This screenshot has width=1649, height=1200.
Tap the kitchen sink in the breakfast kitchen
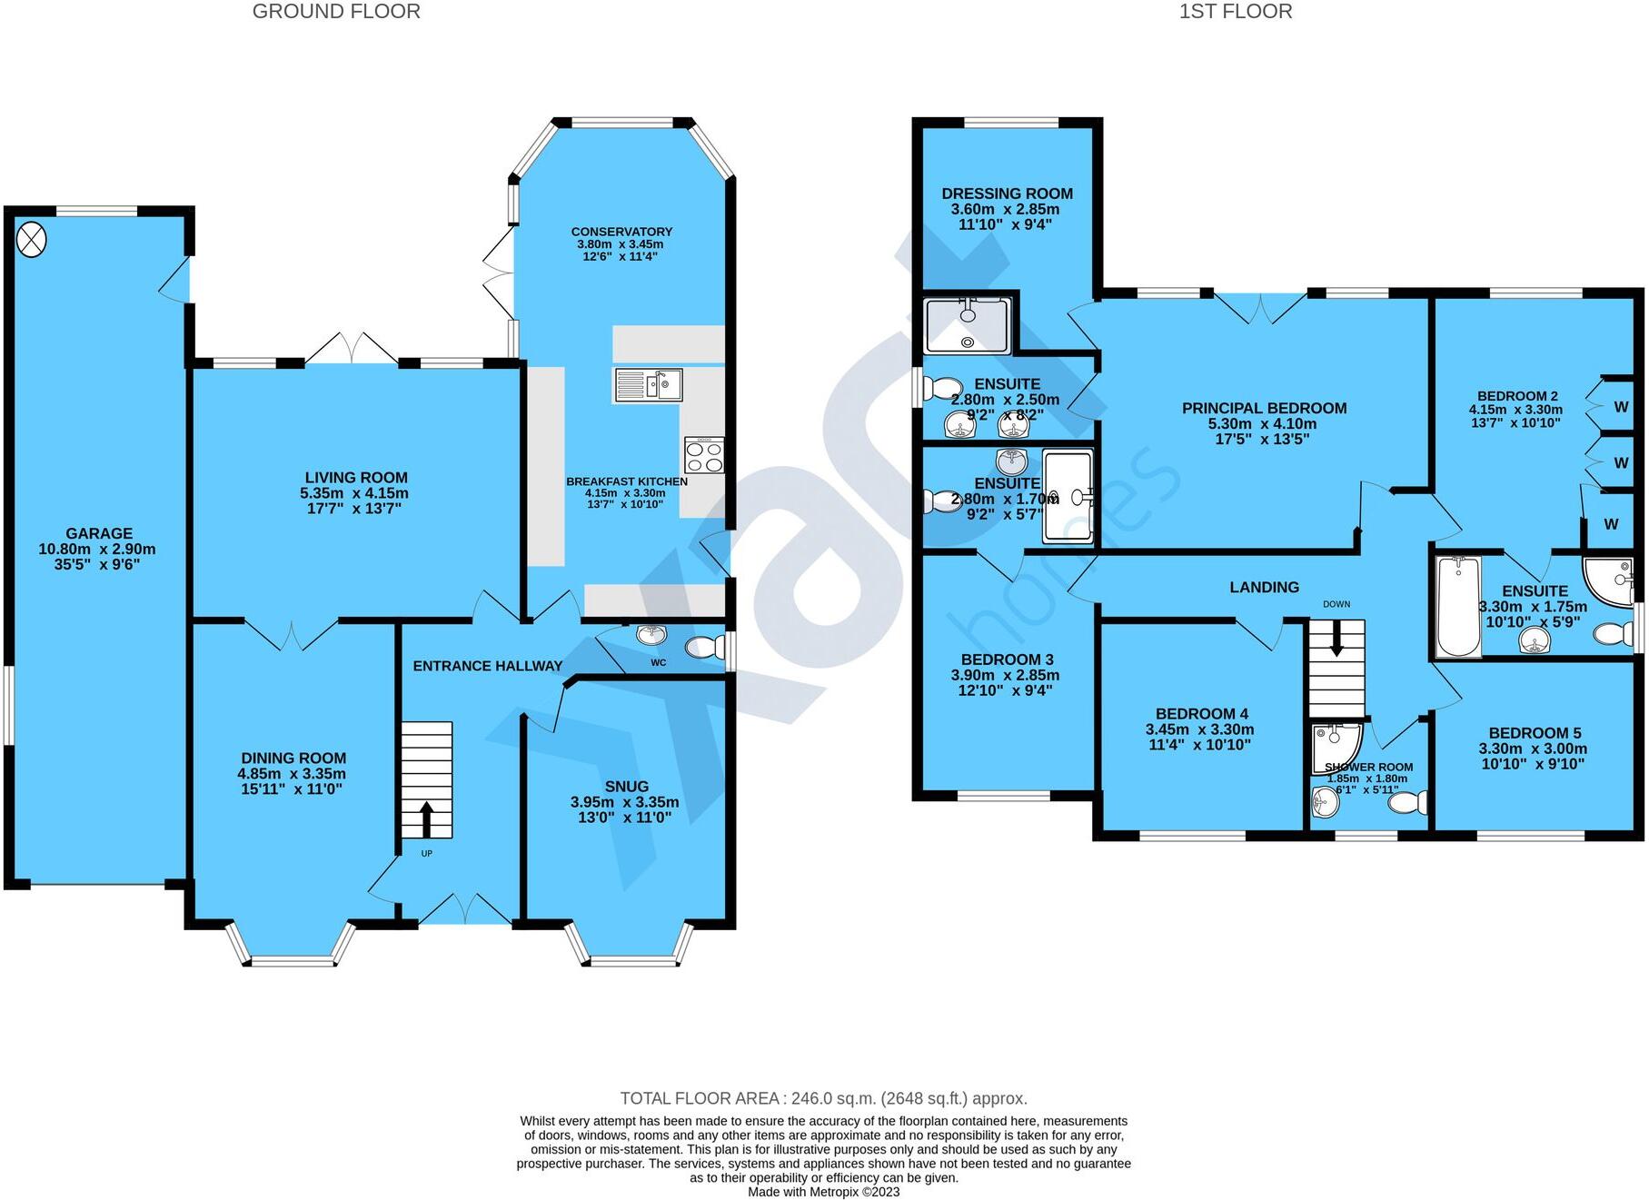648,385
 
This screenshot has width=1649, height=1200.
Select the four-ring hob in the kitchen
704,455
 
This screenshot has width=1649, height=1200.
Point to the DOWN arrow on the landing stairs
1336,640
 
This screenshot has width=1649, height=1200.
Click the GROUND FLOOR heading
336,12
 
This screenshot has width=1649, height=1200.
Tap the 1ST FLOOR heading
1235,12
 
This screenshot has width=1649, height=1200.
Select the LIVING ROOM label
356,478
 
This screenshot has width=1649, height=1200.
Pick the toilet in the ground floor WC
701,647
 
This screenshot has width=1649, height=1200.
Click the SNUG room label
626,787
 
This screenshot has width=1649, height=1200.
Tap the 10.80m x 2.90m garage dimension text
97,550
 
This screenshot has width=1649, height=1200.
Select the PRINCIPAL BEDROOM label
1264,409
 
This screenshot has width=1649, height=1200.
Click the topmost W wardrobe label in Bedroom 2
1621,407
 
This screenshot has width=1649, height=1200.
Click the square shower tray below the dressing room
967,324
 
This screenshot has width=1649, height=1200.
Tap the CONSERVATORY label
621,232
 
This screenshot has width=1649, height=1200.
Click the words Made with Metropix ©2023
823,1192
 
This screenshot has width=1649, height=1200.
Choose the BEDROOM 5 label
1535,733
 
